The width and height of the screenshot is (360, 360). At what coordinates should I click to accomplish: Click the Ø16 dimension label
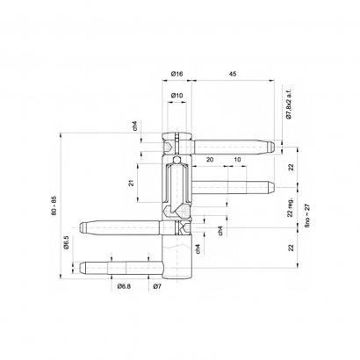pos(176,74)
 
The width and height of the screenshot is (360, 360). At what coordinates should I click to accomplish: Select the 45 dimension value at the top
pos(233,74)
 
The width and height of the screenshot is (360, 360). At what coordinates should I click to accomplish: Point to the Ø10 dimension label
pos(176,96)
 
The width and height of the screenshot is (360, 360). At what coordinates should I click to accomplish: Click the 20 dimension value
pos(210,160)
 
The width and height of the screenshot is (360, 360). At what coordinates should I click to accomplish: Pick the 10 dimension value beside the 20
pos(237,160)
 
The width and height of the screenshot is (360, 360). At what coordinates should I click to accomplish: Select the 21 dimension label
pos(132,183)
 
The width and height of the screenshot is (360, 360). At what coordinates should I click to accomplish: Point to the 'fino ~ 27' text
pos(307,216)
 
